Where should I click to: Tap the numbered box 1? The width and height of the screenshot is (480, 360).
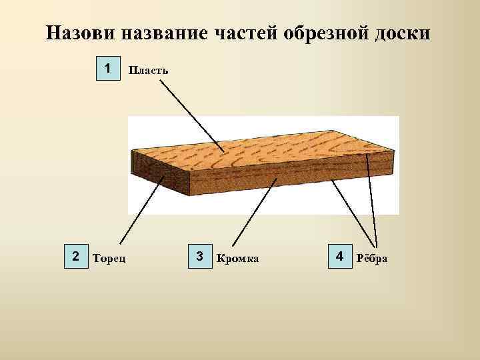[107, 69]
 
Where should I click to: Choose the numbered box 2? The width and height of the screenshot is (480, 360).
[75, 257]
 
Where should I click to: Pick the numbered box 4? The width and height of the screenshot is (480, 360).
[339, 257]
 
